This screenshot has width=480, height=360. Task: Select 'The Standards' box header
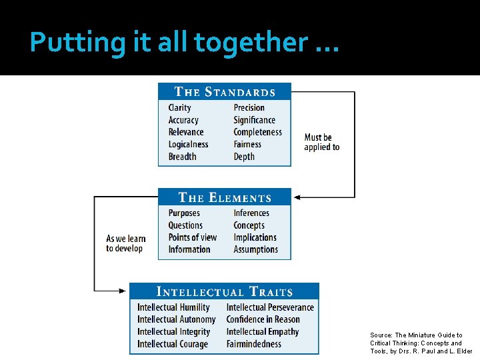click(225, 92)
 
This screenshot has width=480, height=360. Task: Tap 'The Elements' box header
click(225, 197)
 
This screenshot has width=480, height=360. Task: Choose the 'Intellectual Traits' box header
click(224, 291)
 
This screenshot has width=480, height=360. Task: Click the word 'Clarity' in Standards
click(180, 108)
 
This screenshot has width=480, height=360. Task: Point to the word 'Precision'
click(249, 108)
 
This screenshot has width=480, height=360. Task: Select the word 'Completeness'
click(257, 132)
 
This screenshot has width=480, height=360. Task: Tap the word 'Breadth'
click(183, 157)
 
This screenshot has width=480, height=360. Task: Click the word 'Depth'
click(244, 157)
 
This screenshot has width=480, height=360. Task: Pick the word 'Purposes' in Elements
click(184, 213)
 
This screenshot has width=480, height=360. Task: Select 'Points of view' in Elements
click(193, 237)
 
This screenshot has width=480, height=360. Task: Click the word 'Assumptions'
click(255, 249)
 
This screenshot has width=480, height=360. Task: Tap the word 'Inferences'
click(251, 213)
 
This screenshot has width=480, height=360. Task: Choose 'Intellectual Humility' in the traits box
click(173, 307)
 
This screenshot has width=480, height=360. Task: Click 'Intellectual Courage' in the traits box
click(173, 344)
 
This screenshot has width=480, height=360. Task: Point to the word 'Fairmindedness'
click(254, 344)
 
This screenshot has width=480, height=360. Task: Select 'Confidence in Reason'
click(263, 319)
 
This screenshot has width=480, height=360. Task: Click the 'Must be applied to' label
click(321, 142)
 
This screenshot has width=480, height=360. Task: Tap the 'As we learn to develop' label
click(125, 243)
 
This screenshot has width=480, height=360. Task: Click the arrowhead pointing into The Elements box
click(297, 197)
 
